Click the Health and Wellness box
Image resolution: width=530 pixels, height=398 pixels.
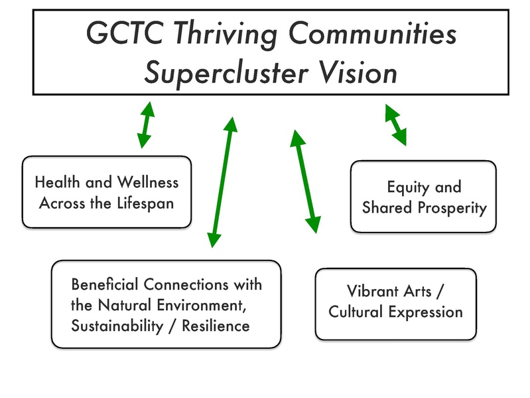point(107,191)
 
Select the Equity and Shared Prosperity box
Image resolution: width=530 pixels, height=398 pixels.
point(423,197)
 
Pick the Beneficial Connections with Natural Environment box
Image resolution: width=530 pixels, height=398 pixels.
point(166,304)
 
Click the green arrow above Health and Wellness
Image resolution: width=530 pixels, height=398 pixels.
point(146,124)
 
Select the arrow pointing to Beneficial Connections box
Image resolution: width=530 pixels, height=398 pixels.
point(222,181)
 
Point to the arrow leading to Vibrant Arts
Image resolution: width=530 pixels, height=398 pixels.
point(306,181)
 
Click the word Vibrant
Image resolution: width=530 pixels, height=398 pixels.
point(376,291)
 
